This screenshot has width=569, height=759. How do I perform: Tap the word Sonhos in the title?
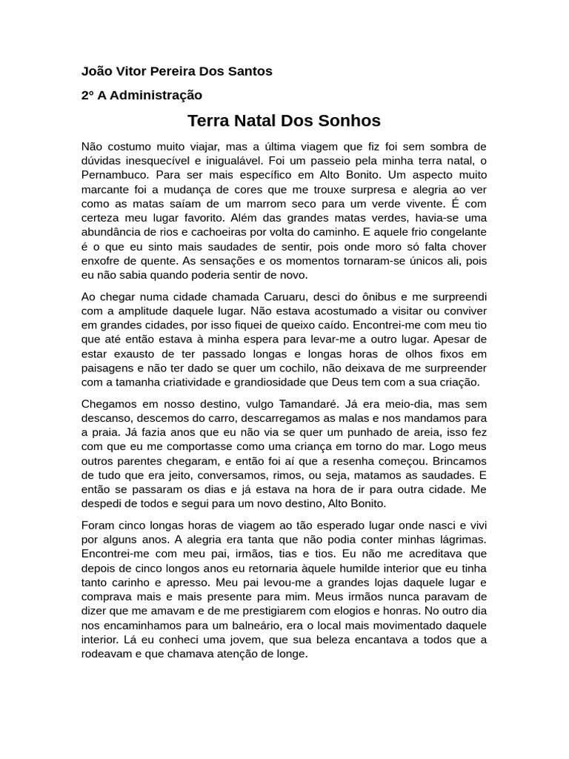(347, 120)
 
